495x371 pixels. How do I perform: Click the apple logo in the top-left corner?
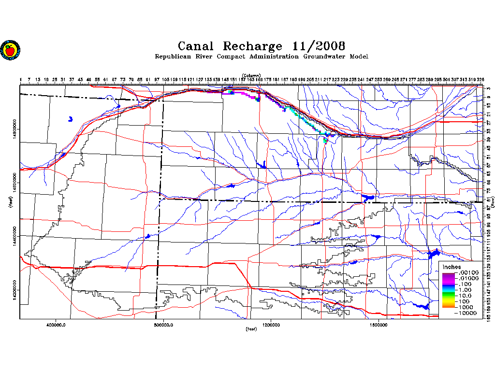click(10, 49)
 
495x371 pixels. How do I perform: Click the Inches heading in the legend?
click(452, 267)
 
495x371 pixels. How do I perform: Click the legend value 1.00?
click(468, 290)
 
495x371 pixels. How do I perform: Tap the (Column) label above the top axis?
click(251, 75)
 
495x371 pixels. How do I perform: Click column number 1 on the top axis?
click(21, 79)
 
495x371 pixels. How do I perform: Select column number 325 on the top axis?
click(480, 79)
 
